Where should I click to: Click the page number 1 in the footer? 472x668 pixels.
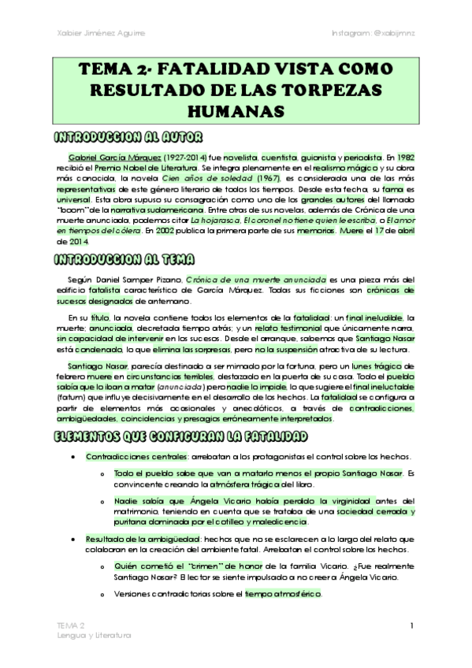[x=412, y=625]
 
